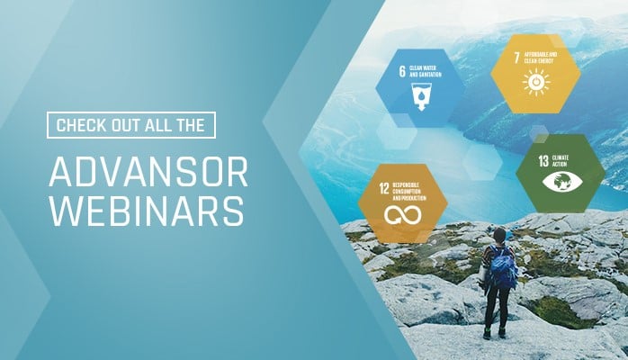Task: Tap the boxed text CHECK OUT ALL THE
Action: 130,125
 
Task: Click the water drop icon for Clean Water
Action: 420,97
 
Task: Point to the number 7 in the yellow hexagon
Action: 516,57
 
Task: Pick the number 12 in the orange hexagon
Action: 383,189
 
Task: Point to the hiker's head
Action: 498,236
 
